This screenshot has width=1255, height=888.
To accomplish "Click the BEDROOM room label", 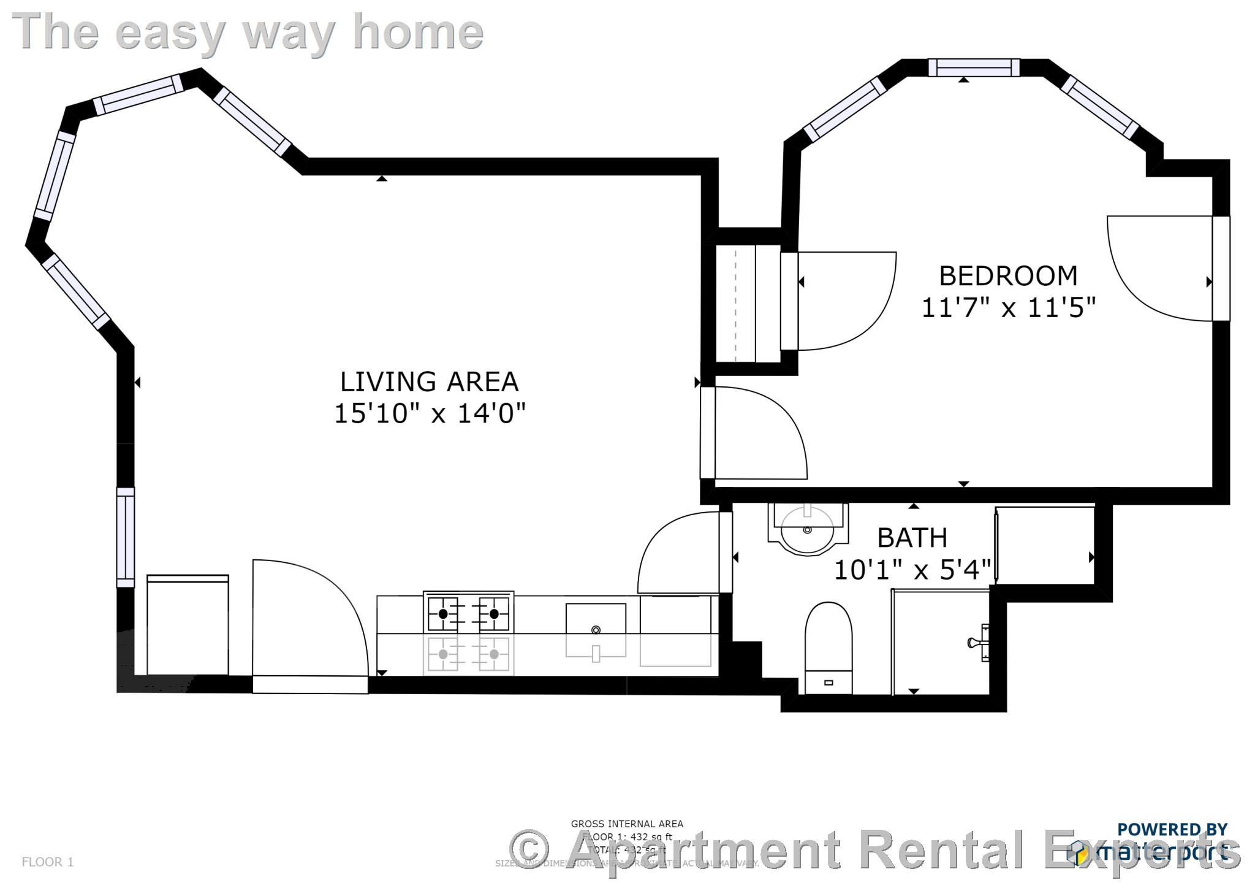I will tap(1007, 276).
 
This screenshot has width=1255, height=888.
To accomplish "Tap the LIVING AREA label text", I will tap(429, 381).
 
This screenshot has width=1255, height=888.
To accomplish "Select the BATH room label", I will tap(912, 538).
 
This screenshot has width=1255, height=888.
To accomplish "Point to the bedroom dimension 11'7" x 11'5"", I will tap(1008, 307).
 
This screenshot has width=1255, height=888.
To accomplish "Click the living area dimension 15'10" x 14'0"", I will tap(429, 413).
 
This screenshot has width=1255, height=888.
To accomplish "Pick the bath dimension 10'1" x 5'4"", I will tap(912, 570).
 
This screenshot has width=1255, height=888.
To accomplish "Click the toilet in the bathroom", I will tap(828, 644).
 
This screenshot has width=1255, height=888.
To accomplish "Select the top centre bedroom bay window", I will tap(974, 67).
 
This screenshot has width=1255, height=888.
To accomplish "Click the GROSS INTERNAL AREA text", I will tap(626, 824).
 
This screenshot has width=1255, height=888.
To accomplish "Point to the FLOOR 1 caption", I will tap(47, 862).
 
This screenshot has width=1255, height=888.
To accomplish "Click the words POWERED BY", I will tap(1172, 829).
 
